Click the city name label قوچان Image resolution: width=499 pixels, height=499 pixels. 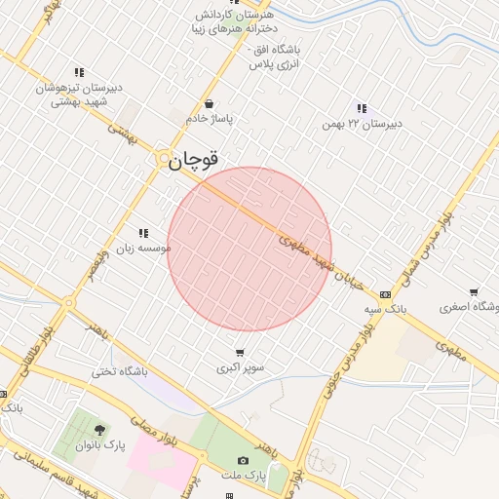coord(193,160)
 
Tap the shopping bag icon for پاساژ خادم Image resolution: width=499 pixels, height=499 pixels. coord(209,104)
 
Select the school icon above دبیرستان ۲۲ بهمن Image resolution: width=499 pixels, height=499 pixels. coord(362,108)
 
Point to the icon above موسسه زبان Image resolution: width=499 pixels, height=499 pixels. coord(143,233)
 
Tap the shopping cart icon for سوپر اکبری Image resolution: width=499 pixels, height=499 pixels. coord(240,353)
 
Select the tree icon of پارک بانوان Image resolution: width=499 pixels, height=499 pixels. coord(98,430)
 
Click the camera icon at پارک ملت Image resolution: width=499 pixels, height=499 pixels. coord(243,460)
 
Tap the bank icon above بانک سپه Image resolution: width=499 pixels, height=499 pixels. coord(385,293)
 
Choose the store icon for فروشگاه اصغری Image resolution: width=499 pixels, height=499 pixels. coord(474,291)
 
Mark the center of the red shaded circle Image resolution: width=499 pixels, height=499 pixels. coord(249,249)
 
